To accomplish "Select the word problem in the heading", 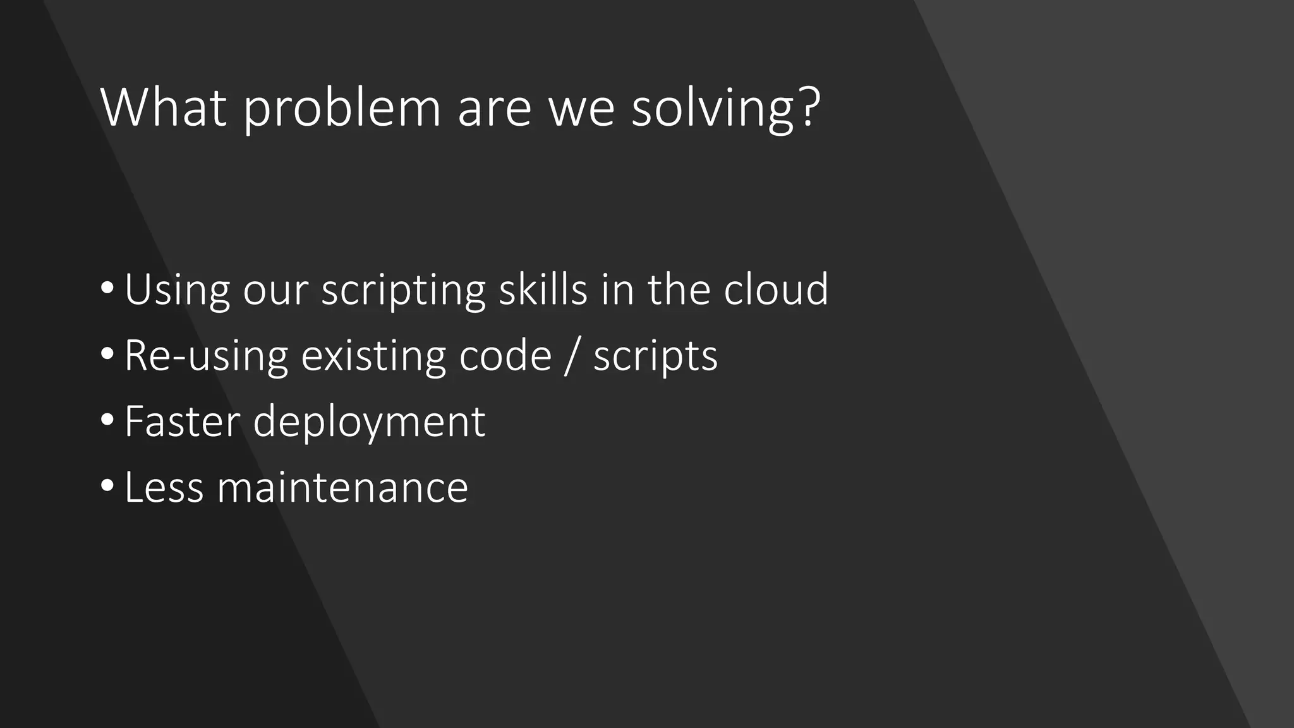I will [x=342, y=109].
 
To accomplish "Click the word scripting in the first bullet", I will [x=403, y=291].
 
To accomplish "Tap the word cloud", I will [x=776, y=289].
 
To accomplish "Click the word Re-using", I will [x=206, y=356].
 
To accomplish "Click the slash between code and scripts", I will [x=572, y=356].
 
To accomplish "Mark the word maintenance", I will [x=342, y=488].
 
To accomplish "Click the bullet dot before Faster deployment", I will [x=107, y=419].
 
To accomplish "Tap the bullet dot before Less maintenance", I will [x=107, y=485].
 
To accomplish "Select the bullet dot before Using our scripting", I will [x=107, y=288].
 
